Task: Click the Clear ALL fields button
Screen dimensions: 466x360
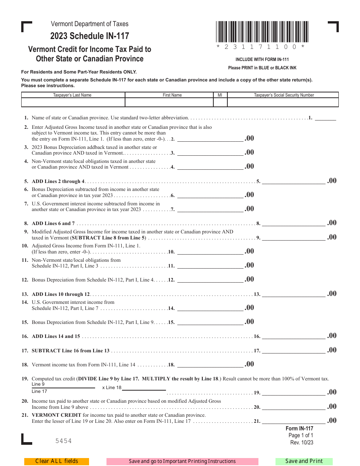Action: click(56, 461)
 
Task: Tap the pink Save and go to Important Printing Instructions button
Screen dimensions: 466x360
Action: click(182, 461)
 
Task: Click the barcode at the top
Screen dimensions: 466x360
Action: click(262, 32)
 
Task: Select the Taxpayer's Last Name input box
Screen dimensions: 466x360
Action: click(73, 102)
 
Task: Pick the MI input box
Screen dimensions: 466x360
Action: click(220, 102)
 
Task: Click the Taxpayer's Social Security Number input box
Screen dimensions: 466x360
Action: click(283, 102)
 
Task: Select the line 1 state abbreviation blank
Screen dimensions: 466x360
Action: click(325, 117)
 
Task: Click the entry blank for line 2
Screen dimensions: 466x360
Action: click(210, 138)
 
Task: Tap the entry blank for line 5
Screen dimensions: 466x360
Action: click(293, 181)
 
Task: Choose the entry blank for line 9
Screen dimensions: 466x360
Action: click(293, 238)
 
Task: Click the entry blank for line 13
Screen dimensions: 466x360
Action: click(293, 294)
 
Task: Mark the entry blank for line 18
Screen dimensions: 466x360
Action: click(210, 364)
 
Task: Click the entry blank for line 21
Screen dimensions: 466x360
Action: click(293, 421)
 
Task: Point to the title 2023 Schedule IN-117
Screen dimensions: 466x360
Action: click(90, 36)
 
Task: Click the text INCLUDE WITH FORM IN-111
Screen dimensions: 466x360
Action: click(262, 59)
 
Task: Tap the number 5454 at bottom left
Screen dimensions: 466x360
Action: click(63, 441)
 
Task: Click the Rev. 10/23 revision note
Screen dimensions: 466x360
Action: click(302, 443)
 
